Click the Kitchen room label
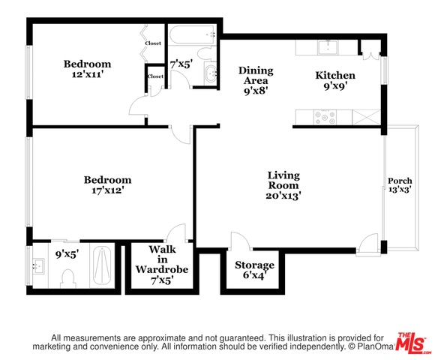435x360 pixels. [x=335, y=76]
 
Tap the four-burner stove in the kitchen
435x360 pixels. [x=325, y=118]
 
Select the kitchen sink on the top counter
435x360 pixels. [x=328, y=48]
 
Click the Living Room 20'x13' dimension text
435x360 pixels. [x=283, y=196]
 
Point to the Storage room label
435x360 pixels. [x=254, y=265]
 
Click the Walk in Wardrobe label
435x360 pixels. [x=162, y=259]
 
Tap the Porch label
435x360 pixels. [x=400, y=181]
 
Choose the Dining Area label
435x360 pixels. [x=256, y=76]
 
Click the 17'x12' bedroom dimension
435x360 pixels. [x=108, y=190]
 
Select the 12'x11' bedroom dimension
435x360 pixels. [x=88, y=74]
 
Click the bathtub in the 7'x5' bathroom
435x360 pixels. [x=192, y=34]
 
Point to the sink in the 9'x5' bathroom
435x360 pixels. [x=38, y=266]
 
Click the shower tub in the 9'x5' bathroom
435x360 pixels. [x=102, y=265]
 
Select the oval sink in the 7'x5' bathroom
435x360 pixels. [x=211, y=74]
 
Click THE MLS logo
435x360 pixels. [x=412, y=343]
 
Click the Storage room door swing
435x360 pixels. [x=240, y=240]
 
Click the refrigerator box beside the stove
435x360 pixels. [x=366, y=118]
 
